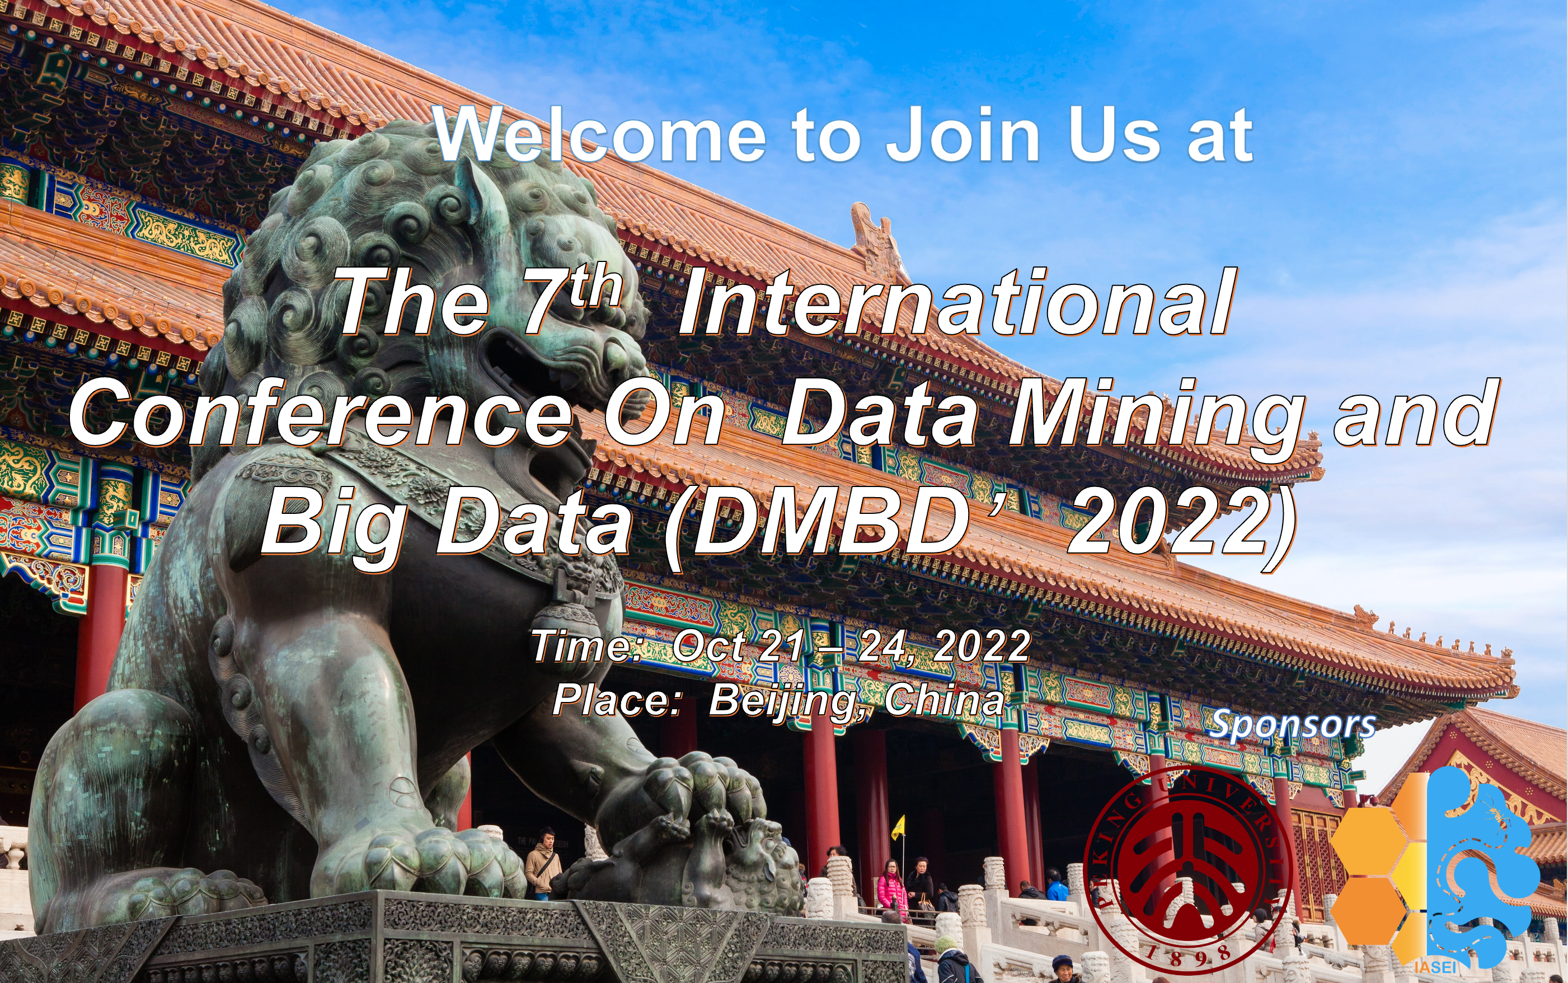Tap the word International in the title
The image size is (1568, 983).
pyautogui.click(x=955, y=303)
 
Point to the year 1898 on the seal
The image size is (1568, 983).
pyautogui.click(x=1188, y=956)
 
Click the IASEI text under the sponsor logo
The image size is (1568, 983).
pyautogui.click(x=1436, y=967)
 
